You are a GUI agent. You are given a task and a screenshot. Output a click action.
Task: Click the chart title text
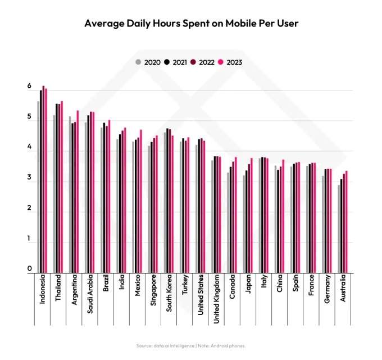pyautogui.click(x=191, y=24)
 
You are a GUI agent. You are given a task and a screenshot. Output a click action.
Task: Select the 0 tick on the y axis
pyautogui.click(x=29, y=269)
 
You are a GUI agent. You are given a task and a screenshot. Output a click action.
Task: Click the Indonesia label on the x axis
pyautogui.click(x=42, y=290)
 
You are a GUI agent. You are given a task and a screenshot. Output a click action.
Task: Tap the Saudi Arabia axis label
pyautogui.click(x=90, y=293)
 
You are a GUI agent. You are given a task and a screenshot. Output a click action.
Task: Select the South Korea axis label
pyautogui.click(x=169, y=293)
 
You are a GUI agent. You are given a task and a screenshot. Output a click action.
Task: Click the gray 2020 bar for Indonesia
pyautogui.click(x=38, y=186)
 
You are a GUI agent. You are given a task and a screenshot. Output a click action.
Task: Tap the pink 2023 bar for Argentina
pyautogui.click(x=78, y=191)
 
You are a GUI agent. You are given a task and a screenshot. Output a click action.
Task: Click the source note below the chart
pyautogui.click(x=191, y=345)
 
